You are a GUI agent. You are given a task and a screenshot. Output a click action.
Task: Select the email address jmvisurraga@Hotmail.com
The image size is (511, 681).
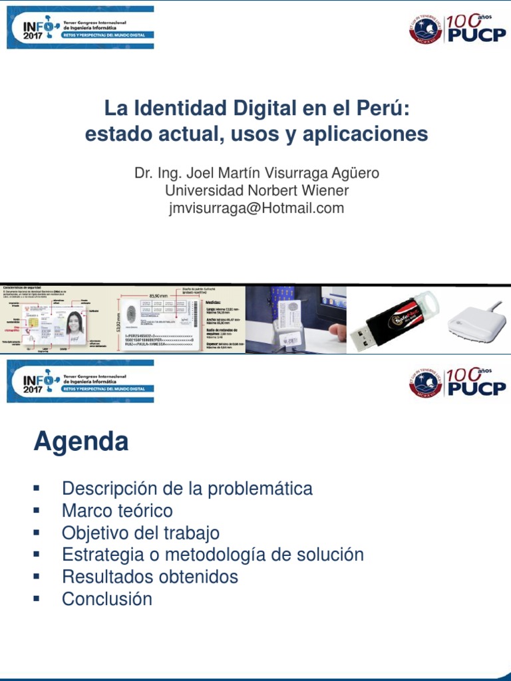(x=256, y=208)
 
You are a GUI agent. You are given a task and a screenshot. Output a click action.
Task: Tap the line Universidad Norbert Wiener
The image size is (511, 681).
(x=256, y=191)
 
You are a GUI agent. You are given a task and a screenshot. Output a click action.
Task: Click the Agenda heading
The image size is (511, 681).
(x=81, y=442)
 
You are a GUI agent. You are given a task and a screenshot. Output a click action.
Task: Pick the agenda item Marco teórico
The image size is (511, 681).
(x=117, y=511)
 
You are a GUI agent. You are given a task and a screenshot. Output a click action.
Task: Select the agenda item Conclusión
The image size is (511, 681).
(x=107, y=599)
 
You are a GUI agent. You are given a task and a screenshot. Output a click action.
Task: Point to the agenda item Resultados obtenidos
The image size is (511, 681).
(x=150, y=577)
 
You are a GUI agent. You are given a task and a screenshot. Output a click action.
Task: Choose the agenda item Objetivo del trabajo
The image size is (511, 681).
(x=140, y=533)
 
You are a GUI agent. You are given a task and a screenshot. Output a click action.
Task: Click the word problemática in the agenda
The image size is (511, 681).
(x=260, y=489)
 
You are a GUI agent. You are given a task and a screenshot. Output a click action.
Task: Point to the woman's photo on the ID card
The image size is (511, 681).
(x=74, y=323)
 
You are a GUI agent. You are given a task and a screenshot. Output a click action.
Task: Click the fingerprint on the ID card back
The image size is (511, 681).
(x=131, y=315)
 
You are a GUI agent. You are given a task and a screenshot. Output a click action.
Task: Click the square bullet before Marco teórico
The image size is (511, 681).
(x=37, y=511)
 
